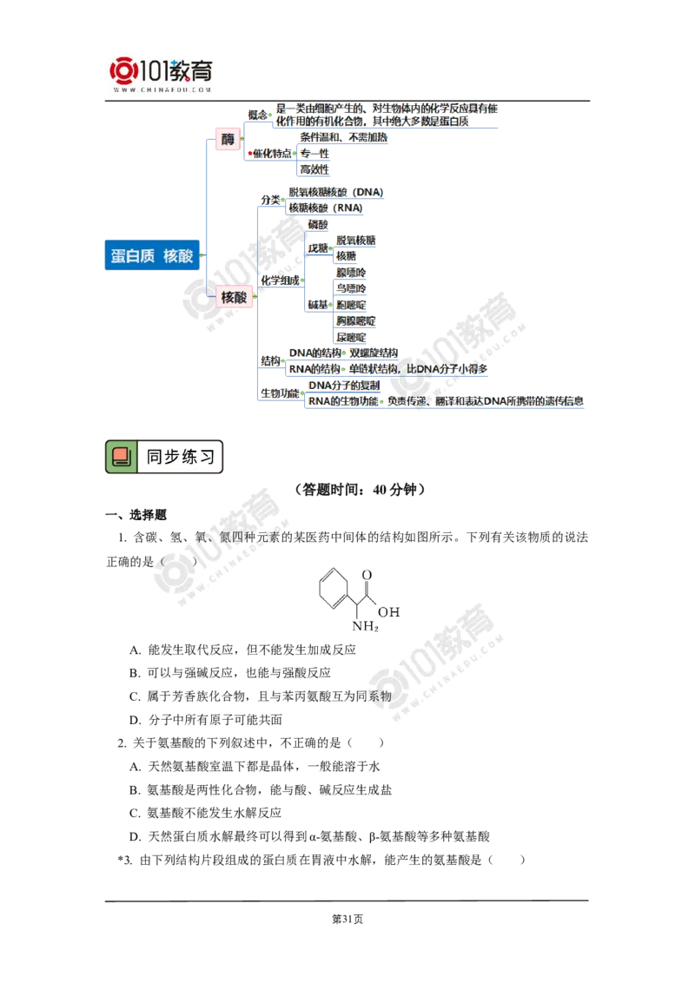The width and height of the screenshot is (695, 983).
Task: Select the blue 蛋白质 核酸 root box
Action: tap(152, 256)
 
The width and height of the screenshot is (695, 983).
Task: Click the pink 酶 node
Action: tap(228, 139)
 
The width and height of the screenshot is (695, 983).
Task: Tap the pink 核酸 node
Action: tap(234, 297)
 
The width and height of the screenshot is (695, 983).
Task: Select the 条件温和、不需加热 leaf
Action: tap(343, 137)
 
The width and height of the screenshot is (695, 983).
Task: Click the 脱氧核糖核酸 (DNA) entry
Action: tap(337, 193)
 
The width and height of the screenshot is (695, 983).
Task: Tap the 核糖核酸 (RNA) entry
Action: tap(325, 208)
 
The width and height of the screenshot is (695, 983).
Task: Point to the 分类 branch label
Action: tap(270, 201)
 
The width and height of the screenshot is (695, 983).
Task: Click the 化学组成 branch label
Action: tap(279, 280)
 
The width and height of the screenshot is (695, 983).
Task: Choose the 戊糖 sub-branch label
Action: tap(318, 247)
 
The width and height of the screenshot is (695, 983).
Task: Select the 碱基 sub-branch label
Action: tap(318, 304)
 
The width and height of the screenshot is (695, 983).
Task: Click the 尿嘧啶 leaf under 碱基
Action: tap(352, 335)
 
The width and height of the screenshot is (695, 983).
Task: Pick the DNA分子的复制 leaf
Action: tap(344, 385)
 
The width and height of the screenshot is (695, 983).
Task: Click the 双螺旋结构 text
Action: tap(373, 353)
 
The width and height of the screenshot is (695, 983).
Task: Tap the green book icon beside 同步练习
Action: tap(122, 456)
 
